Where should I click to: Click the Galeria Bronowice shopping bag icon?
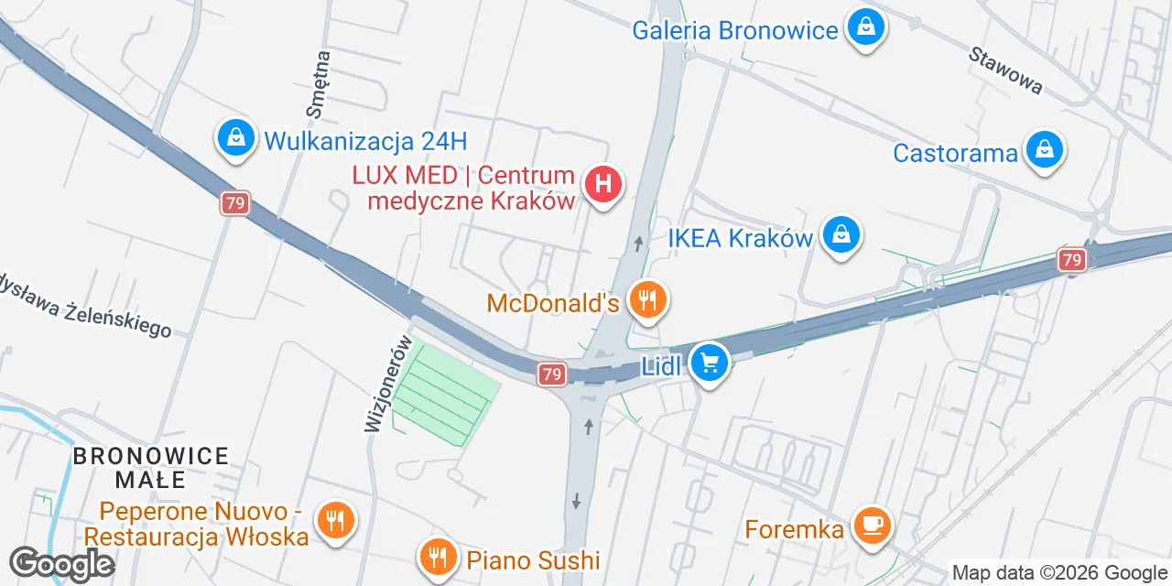pyautogui.click(x=864, y=27)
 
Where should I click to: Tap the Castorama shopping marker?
pyautogui.click(x=1044, y=149)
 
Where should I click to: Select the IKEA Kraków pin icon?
pyautogui.click(x=841, y=235)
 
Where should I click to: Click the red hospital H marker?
pyautogui.click(x=602, y=184)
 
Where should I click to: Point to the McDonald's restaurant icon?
pyautogui.click(x=648, y=299)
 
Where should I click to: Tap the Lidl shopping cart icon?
pyautogui.click(x=709, y=363)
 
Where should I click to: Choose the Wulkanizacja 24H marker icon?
pyautogui.click(x=236, y=139)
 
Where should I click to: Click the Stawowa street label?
pyautogui.click(x=1005, y=70)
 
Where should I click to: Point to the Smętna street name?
pyautogui.click(x=319, y=84)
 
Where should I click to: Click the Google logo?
pyautogui.click(x=61, y=564)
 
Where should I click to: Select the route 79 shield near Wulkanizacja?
pyautogui.click(x=234, y=203)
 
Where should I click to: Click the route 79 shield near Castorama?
pyautogui.click(x=1072, y=260)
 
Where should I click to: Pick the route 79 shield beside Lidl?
pyautogui.click(x=550, y=374)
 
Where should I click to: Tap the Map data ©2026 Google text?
pyautogui.click(x=1060, y=573)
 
